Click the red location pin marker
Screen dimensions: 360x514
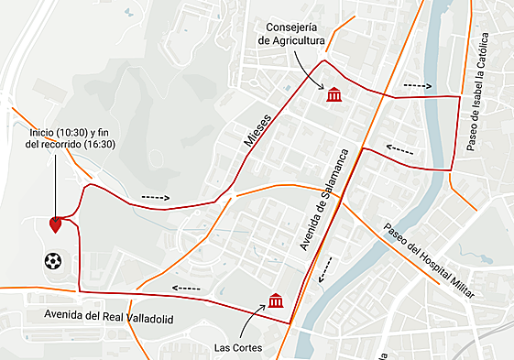point(55,224)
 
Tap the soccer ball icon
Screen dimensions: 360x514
point(52,261)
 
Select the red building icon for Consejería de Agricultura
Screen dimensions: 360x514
point(334,94)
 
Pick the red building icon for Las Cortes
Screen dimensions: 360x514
point(275,300)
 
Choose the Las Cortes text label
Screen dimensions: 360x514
point(237,348)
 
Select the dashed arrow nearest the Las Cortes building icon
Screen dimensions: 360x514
point(323,271)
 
